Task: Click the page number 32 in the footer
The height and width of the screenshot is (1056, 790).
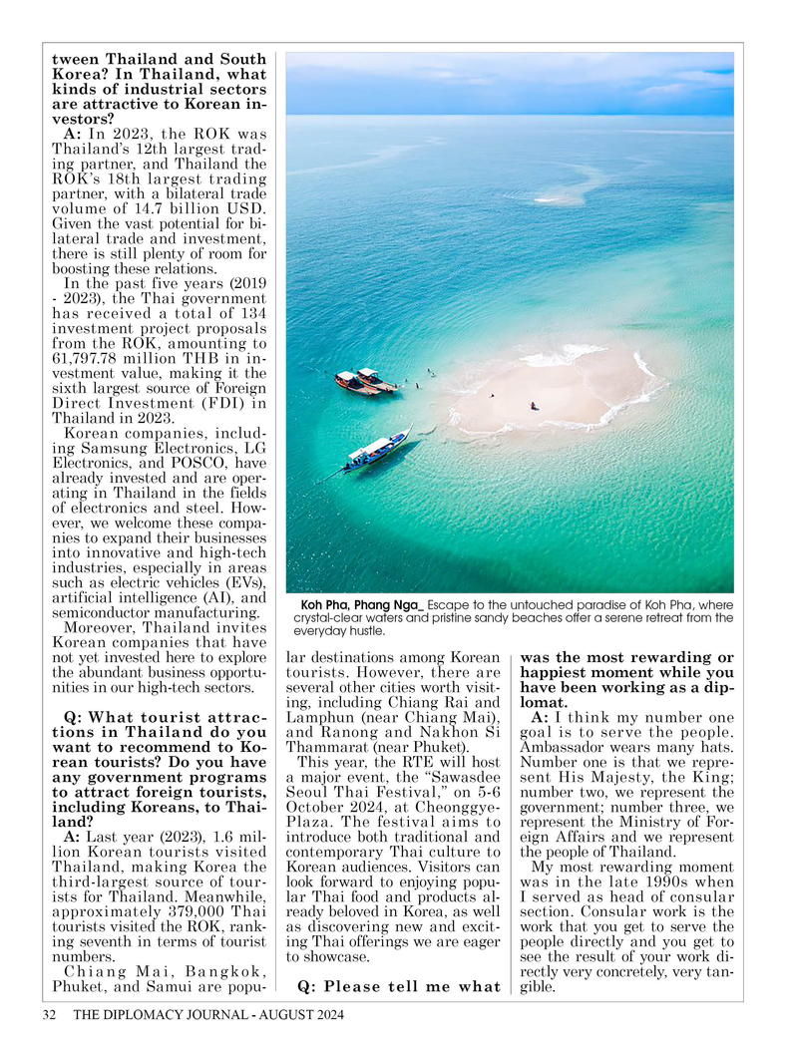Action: click(48, 1016)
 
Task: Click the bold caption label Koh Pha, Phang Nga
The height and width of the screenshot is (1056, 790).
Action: click(361, 604)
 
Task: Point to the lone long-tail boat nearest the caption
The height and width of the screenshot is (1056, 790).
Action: click(378, 450)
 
